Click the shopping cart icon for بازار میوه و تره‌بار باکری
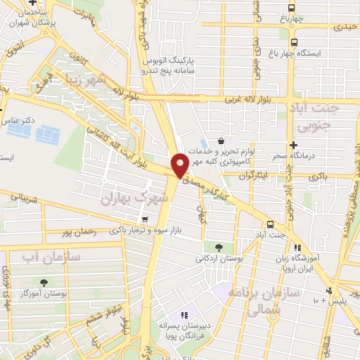(144, 219)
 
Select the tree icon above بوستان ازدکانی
(219, 247)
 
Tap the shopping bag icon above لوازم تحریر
(221, 140)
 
